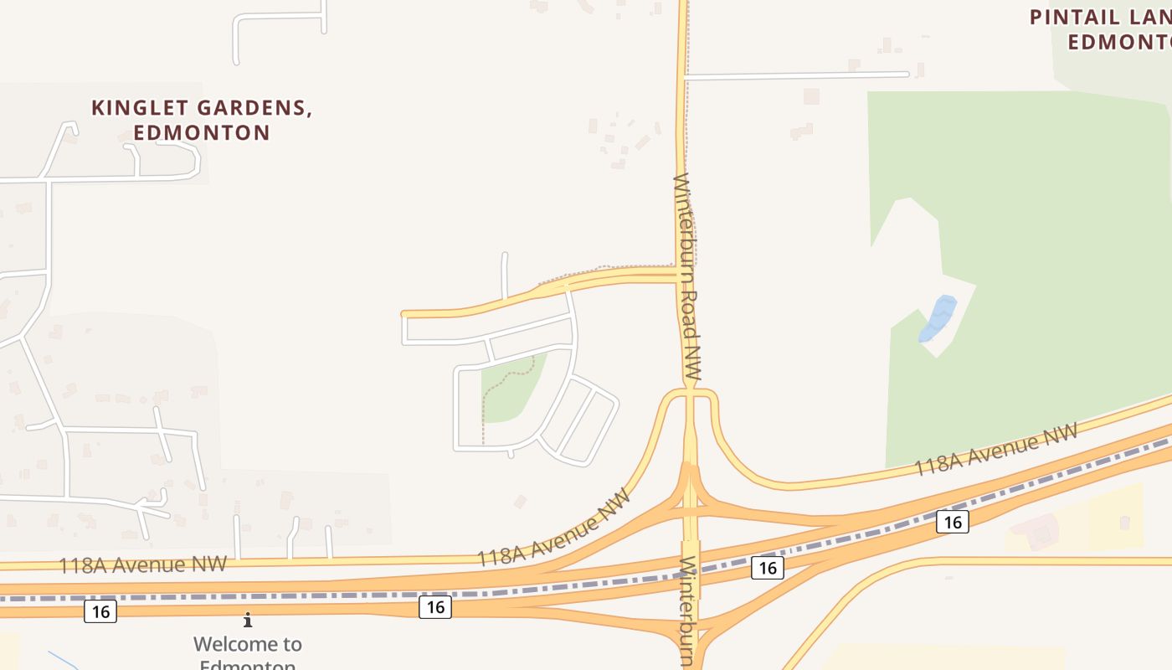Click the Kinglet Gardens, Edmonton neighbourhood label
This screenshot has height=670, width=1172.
coord(202,120)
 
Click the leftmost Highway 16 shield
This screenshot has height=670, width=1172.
coord(100,611)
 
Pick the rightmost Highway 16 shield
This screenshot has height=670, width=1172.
coord(952,522)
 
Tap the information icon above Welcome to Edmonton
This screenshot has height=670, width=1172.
coord(248,621)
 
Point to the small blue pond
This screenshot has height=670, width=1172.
coord(938,319)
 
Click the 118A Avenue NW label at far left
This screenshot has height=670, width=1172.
coord(142,565)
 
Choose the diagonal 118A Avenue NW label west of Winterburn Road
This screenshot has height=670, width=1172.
coord(553,528)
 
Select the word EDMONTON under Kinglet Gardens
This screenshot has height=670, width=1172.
coord(202,132)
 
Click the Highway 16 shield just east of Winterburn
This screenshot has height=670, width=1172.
coord(767,568)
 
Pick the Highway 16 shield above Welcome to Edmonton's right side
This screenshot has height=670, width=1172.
coord(434,606)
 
